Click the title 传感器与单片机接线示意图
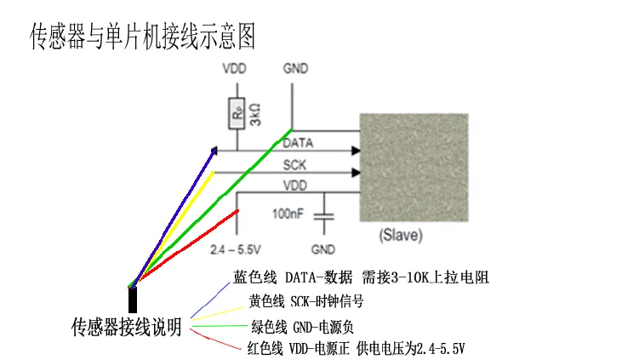(x=142, y=36)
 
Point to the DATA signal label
(x=298, y=143)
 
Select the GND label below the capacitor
(x=322, y=250)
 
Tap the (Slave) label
(x=400, y=234)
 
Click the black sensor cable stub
(x=134, y=300)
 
